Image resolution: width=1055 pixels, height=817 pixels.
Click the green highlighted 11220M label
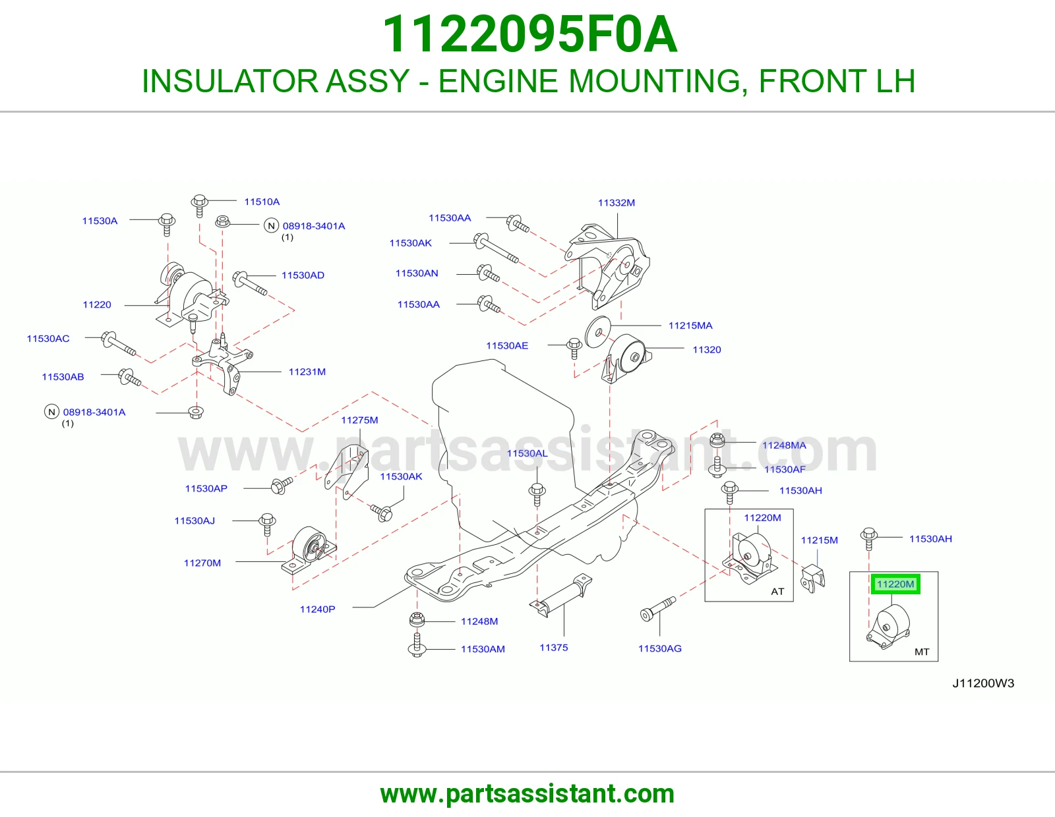(x=895, y=584)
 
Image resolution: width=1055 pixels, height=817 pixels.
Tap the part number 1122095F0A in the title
(x=529, y=34)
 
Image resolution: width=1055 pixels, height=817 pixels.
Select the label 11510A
(x=262, y=202)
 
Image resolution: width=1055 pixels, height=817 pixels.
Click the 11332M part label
(x=616, y=203)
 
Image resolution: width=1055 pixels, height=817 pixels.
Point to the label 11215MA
(x=690, y=325)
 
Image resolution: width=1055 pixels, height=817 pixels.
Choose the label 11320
(x=706, y=350)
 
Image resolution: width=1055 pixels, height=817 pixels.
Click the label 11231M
(x=307, y=372)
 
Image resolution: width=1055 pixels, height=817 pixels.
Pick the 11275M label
(x=359, y=420)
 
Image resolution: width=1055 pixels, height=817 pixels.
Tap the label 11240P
(x=318, y=609)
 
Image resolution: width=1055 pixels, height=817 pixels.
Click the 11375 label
(x=553, y=648)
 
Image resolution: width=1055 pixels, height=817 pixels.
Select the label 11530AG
(x=660, y=648)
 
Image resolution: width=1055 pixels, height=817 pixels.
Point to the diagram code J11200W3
(x=983, y=684)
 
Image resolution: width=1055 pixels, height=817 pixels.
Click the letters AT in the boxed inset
(x=777, y=592)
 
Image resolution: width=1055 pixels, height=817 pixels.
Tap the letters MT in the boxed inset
(x=922, y=652)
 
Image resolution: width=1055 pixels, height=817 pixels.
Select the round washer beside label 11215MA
(x=597, y=332)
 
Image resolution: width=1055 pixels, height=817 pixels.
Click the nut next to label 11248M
(x=417, y=619)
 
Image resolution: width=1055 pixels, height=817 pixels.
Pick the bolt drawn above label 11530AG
(x=658, y=609)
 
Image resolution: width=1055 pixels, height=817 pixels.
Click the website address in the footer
(x=527, y=794)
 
